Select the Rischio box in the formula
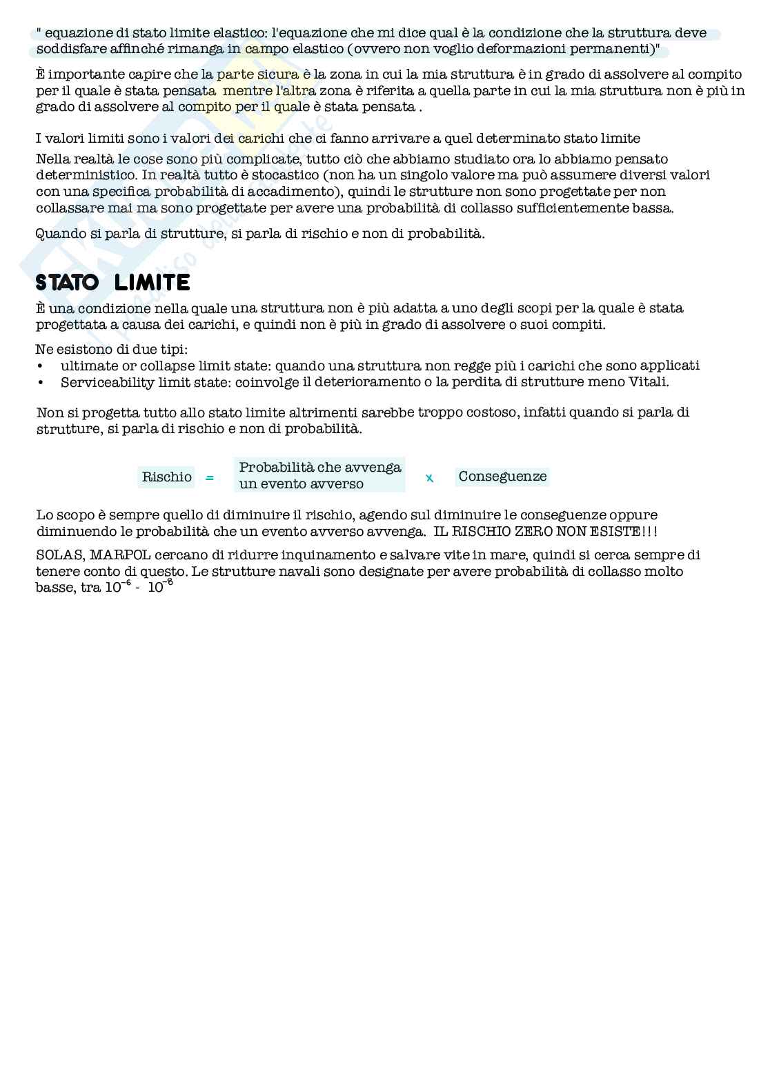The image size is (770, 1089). click(x=166, y=477)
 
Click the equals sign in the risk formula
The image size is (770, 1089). click(x=210, y=477)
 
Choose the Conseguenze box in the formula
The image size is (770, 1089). click(x=502, y=477)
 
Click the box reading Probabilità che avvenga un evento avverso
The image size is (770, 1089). click(x=319, y=475)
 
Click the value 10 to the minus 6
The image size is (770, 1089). click(x=117, y=588)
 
